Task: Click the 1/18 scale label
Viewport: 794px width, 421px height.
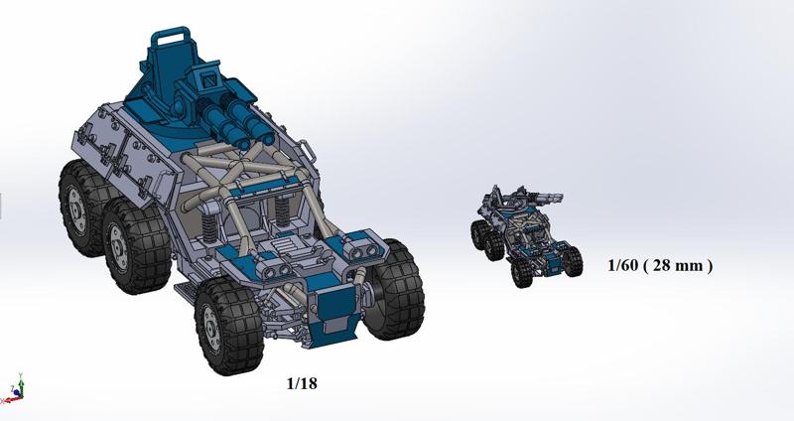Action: click(x=301, y=382)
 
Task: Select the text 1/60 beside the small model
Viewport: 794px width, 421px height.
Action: click(x=624, y=265)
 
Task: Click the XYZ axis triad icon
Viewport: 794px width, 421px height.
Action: click(x=14, y=390)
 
